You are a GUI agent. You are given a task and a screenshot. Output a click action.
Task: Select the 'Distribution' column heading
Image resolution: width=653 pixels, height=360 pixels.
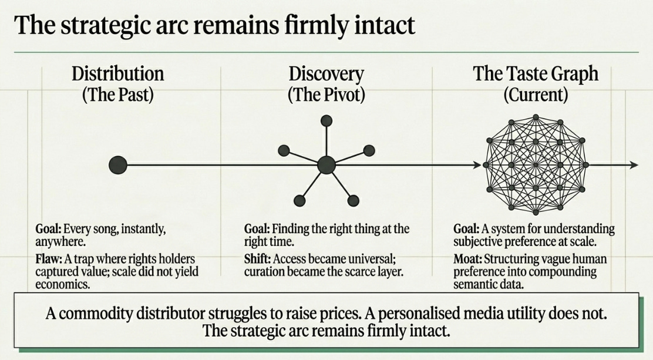[x=117, y=74]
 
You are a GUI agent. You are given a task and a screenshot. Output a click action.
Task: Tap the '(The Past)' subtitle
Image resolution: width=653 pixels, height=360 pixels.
[x=117, y=95]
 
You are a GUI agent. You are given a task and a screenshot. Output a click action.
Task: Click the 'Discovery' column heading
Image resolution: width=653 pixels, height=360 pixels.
[x=326, y=74]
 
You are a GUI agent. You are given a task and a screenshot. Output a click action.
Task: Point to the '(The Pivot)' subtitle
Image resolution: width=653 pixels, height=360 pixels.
[x=326, y=95]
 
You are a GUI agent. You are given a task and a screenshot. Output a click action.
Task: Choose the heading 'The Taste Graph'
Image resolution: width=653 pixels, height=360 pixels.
[x=536, y=74]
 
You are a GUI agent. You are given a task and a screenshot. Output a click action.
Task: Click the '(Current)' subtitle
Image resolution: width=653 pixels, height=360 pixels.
[x=536, y=95]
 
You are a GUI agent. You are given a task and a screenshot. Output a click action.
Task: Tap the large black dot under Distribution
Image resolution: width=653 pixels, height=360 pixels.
[x=118, y=165]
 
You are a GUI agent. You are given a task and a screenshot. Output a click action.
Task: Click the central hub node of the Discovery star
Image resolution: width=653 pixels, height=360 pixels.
[x=326, y=165]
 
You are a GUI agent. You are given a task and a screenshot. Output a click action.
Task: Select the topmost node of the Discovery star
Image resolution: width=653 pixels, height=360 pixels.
[x=326, y=121]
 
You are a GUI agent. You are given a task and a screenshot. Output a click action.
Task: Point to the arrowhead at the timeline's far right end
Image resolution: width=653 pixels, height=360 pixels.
[x=634, y=166]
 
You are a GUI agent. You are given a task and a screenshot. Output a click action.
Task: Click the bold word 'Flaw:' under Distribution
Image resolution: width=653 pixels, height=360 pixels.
[x=49, y=258]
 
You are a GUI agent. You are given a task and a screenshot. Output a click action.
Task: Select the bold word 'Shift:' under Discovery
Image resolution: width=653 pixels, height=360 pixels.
[x=257, y=258]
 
